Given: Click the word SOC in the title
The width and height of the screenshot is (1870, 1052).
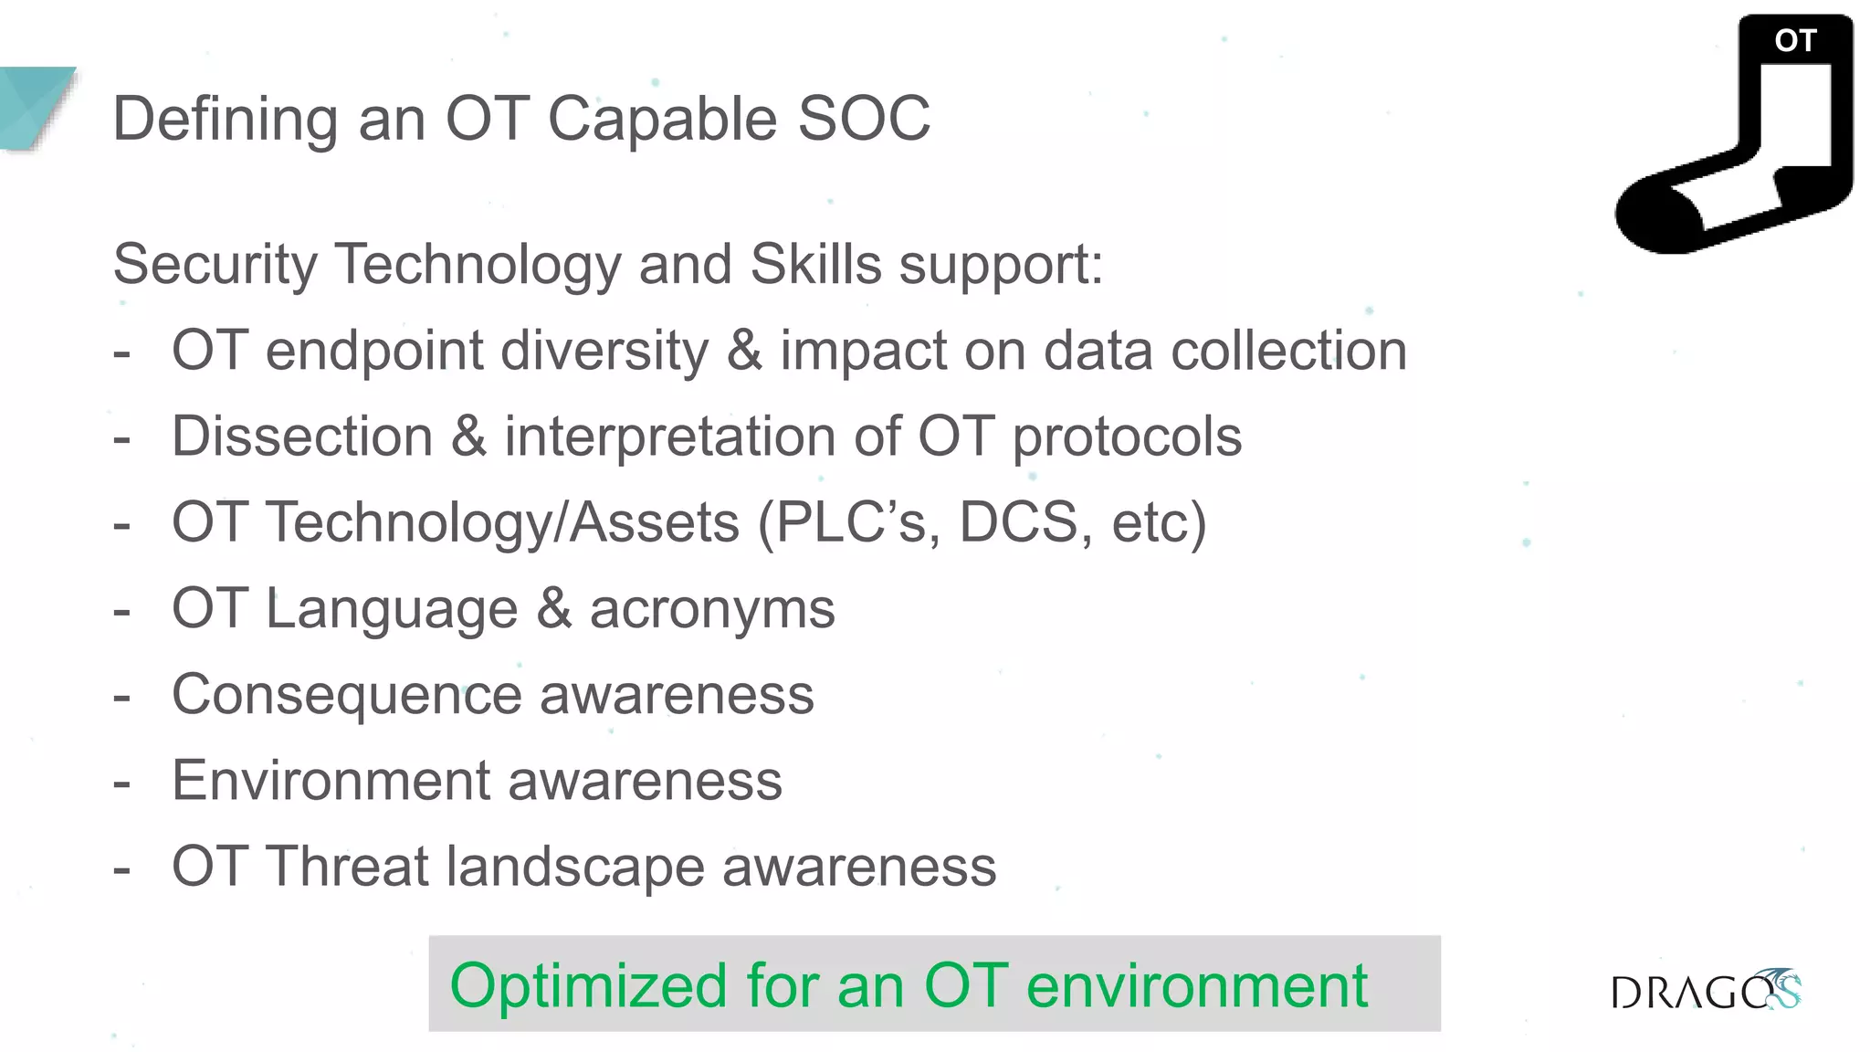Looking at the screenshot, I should click(864, 119).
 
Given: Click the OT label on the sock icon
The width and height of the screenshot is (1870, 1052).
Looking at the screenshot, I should click(1795, 40).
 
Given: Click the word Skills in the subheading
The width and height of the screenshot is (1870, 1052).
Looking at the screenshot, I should click(815, 265).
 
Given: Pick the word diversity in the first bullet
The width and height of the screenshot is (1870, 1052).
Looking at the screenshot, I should click(604, 351).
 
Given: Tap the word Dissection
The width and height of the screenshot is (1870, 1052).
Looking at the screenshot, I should click(302, 437).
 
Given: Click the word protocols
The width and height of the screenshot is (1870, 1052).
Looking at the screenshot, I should click(1127, 437).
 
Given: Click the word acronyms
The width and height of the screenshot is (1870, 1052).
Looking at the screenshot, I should click(712, 609).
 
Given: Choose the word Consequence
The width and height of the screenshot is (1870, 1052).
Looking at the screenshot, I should click(347, 695).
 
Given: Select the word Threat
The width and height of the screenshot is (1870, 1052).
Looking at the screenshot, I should click(347, 867).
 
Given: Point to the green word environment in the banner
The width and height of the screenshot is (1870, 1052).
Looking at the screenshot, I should click(1196, 986).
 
